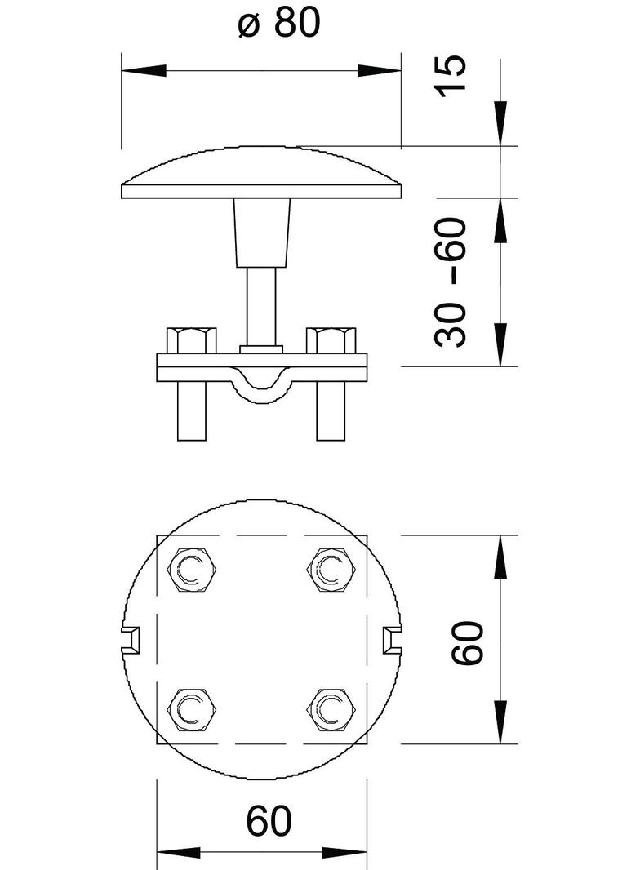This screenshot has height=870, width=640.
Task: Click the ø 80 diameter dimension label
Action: [279, 24]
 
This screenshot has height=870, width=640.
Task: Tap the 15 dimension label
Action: [450, 76]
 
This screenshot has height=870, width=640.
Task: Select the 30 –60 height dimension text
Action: [450, 282]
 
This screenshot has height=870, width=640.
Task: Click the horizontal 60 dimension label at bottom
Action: [269, 821]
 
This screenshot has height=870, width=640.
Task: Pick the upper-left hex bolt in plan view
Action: [191, 570]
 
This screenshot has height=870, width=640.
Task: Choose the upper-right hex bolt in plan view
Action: [331, 570]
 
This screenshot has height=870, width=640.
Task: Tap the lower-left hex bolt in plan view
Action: [191, 710]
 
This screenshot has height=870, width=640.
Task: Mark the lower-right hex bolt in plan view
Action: [331, 710]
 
